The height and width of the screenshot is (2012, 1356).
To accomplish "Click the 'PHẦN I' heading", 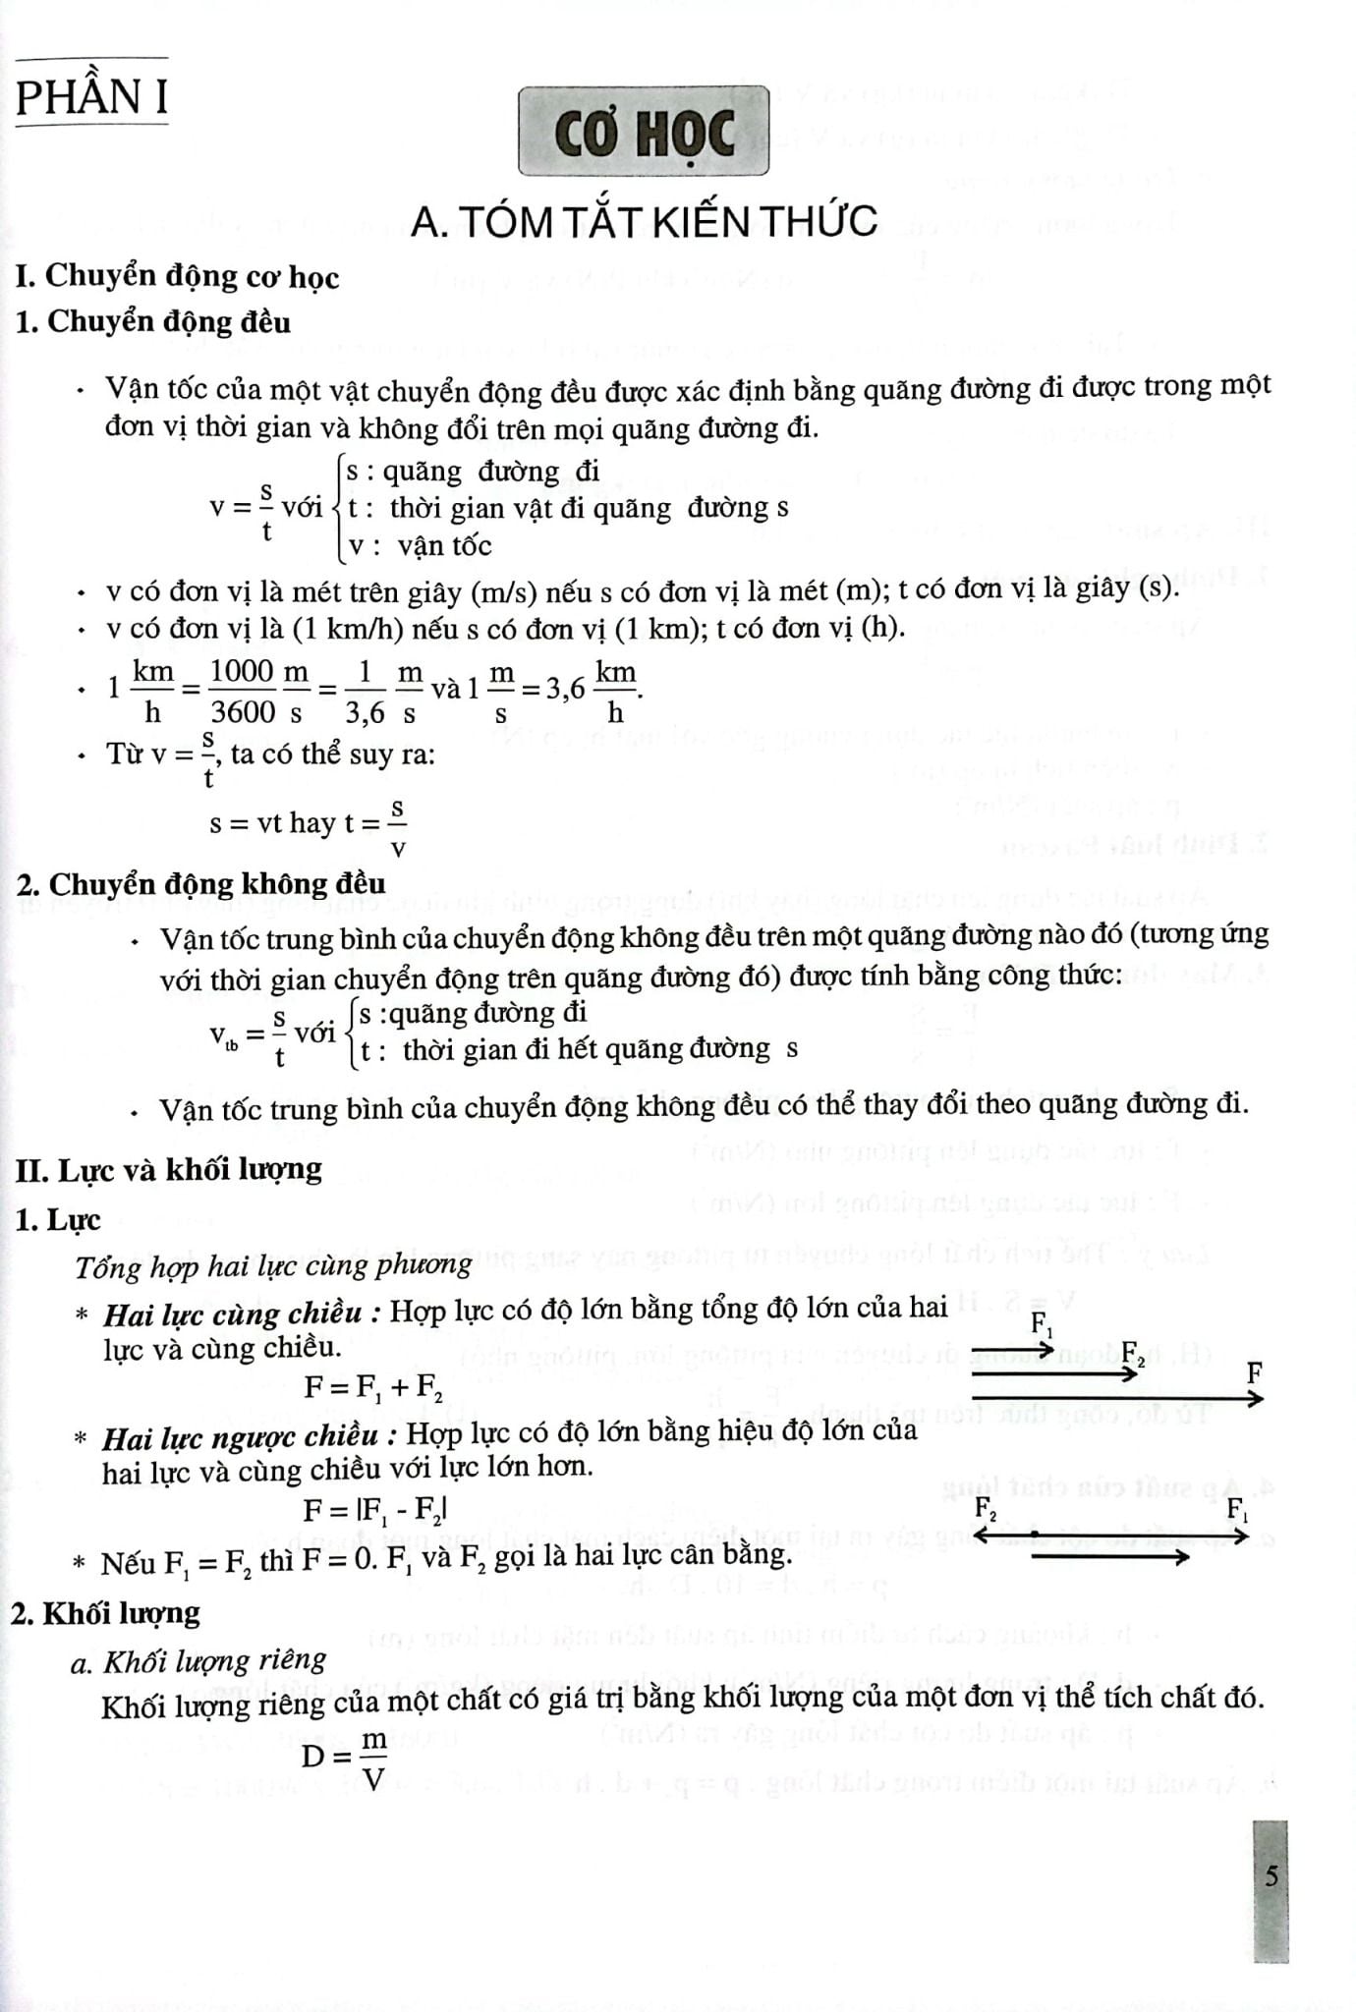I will click(91, 97).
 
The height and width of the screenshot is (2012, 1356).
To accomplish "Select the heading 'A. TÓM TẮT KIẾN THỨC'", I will click(644, 222).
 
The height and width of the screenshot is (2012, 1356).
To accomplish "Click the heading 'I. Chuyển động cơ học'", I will click(178, 276).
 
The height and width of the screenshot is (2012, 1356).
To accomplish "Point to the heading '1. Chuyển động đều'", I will click(153, 321).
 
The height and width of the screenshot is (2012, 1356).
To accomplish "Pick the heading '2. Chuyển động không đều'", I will click(200, 883).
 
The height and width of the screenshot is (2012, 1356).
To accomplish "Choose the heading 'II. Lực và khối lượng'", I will click(169, 1169).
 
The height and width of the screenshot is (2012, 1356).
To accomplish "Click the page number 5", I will click(1271, 1875).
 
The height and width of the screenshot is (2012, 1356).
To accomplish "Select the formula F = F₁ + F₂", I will click(373, 1386).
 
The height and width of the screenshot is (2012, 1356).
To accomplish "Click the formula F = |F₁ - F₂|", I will click(376, 1508).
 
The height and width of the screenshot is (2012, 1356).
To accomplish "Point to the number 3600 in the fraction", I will click(243, 711).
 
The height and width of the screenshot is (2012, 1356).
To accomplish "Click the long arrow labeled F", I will click(1116, 1397).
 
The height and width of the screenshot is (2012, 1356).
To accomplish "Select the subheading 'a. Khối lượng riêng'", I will click(198, 1660).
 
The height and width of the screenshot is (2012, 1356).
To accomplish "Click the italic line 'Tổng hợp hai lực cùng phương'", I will click(273, 1265).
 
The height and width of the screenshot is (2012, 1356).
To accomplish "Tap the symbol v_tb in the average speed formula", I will click(224, 1034).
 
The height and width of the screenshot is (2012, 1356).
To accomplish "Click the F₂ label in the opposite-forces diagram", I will click(986, 1507).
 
